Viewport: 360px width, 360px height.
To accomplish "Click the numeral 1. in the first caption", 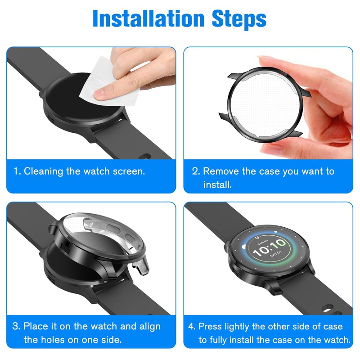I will pos(17,171).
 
